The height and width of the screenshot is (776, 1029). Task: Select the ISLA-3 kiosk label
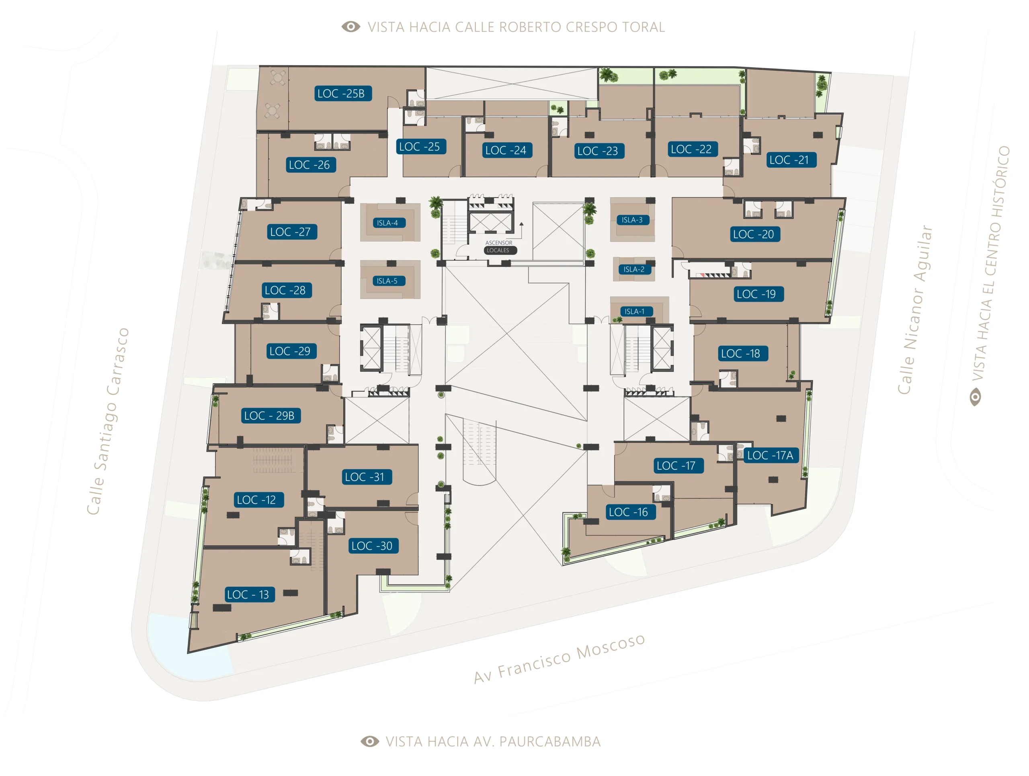[633, 220]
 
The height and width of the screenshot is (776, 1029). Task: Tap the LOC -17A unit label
[771, 455]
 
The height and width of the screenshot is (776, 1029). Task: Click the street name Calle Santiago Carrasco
[108, 421]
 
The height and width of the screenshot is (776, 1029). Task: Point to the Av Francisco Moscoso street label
[559, 658]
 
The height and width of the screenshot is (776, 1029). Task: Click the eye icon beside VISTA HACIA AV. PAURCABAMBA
[370, 741]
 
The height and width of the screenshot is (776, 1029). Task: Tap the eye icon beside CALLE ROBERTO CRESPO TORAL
[351, 27]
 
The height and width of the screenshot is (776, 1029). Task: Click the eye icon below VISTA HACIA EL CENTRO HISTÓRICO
[975, 397]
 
